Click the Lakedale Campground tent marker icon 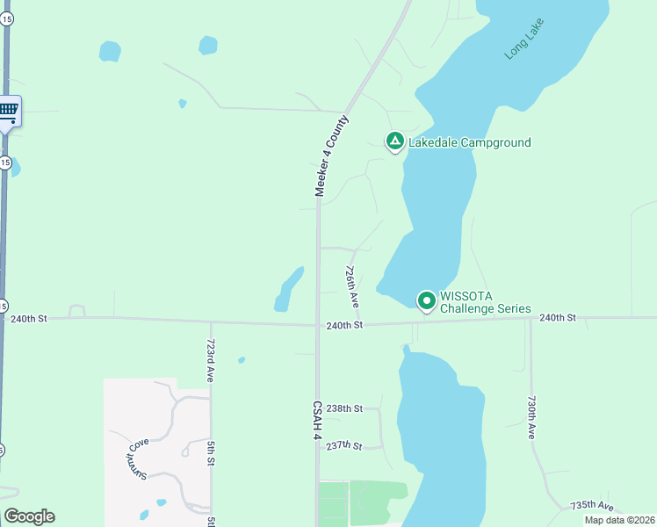pos(395,141)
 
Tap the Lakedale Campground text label pos(469,142)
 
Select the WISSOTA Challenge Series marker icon pos(427,301)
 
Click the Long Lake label pos(524,39)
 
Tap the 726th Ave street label pos(351,286)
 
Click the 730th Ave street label pos(531,416)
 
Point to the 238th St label pos(344,408)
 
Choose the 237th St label pos(344,446)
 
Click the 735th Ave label pos(592,506)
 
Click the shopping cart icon pos(9,110)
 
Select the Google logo pos(29,516)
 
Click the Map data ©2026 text pos(619,520)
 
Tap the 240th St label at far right pos(558,317)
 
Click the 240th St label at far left pos(29,321)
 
